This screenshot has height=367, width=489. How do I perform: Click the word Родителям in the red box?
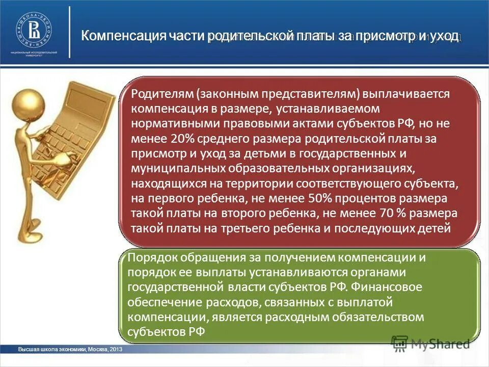click(x=161, y=94)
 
